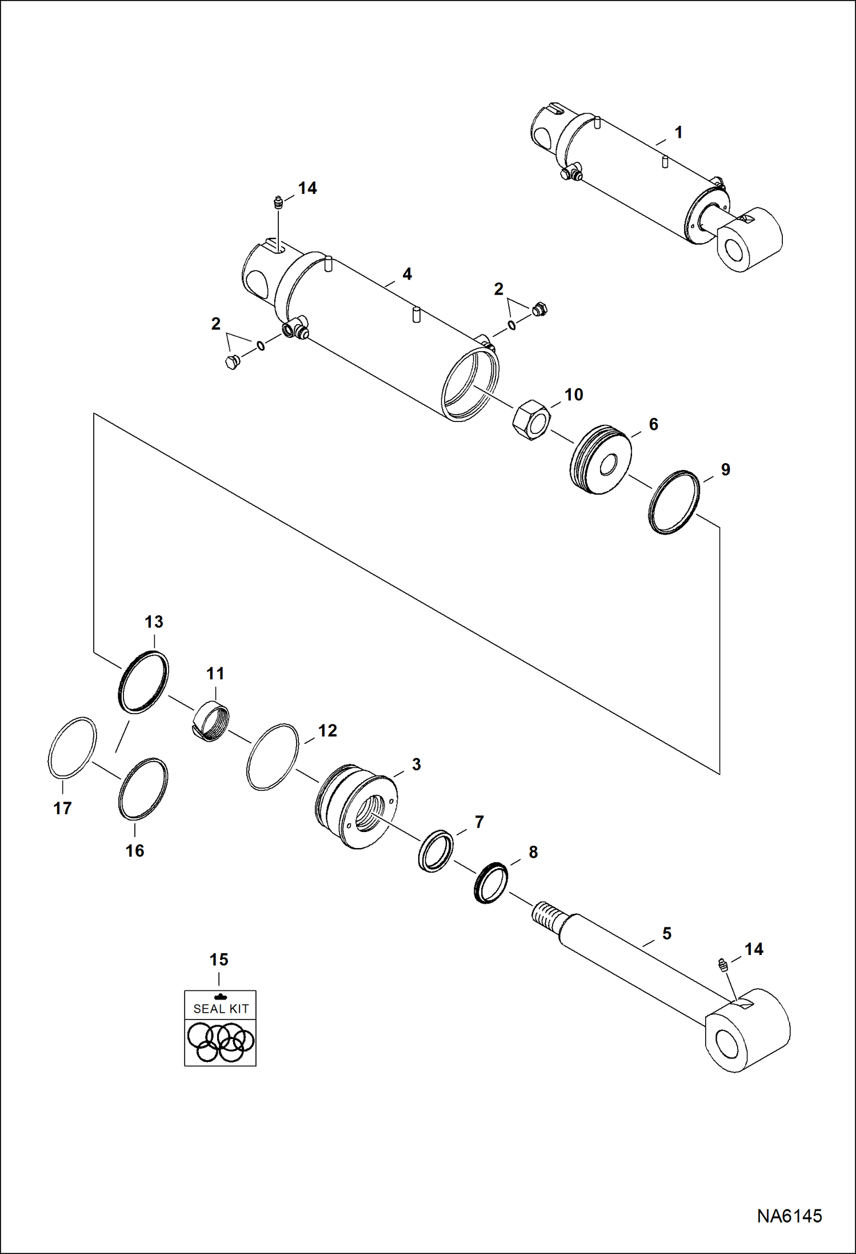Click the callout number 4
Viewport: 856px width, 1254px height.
407,274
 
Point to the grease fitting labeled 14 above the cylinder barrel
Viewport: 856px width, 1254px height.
278,203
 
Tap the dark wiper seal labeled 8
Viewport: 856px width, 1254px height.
491,883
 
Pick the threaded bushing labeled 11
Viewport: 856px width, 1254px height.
210,721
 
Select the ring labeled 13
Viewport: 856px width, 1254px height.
143,682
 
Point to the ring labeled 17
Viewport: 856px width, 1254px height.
72,747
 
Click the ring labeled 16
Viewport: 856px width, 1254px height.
143,789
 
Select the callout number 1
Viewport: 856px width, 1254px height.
678,133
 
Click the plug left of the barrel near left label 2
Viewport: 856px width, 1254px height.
231,362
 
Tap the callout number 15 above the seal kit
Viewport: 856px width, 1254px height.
219,960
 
